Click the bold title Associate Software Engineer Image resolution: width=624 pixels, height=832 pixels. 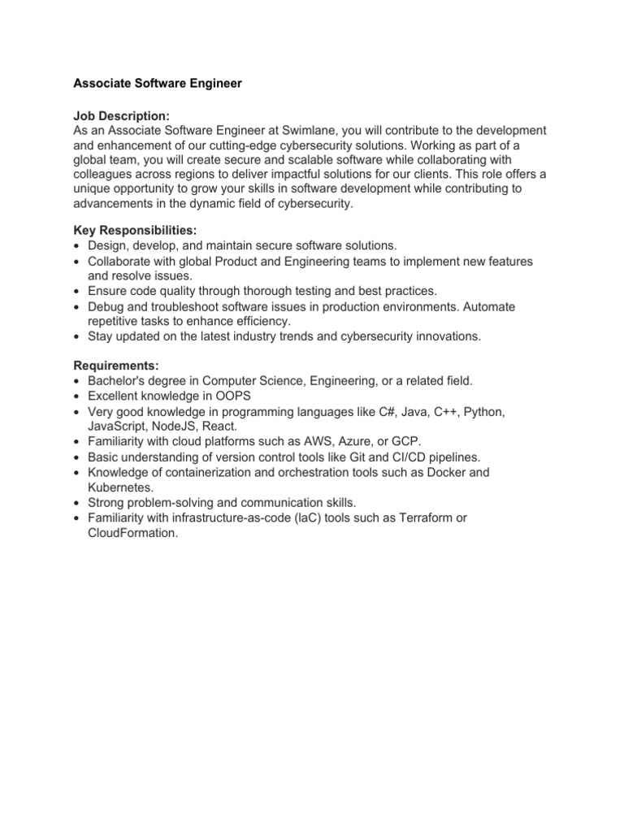point(158,84)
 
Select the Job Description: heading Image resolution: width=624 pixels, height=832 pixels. point(122,117)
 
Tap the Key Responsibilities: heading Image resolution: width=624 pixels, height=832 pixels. point(135,231)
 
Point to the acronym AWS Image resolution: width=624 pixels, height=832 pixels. point(311,442)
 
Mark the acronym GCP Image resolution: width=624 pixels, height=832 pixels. point(405,442)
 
